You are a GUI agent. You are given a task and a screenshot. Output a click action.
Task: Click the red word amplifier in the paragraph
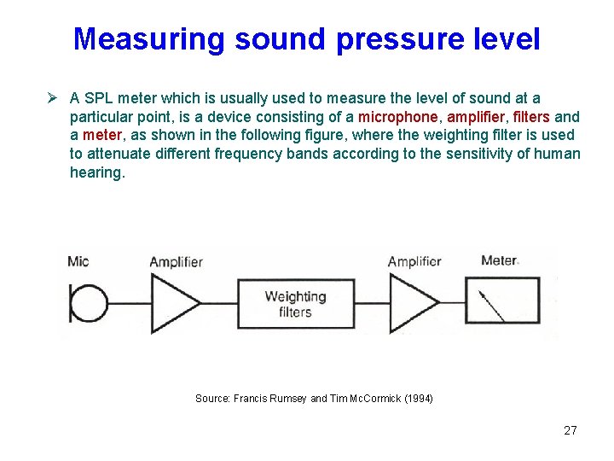[x=475, y=117]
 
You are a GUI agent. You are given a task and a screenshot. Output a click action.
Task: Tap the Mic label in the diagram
[x=78, y=260]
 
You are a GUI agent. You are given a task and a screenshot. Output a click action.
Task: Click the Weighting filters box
[x=295, y=303]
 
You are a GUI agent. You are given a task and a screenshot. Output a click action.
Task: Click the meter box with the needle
[x=502, y=302]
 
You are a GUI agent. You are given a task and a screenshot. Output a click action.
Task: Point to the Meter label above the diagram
[x=499, y=260]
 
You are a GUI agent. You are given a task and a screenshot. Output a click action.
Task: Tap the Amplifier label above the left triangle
[x=176, y=261]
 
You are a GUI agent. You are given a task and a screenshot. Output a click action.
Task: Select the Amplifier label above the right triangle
[x=414, y=261]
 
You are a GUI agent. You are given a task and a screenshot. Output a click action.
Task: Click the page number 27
[x=570, y=430]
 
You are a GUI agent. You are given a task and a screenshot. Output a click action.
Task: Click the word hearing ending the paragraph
[x=96, y=172]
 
